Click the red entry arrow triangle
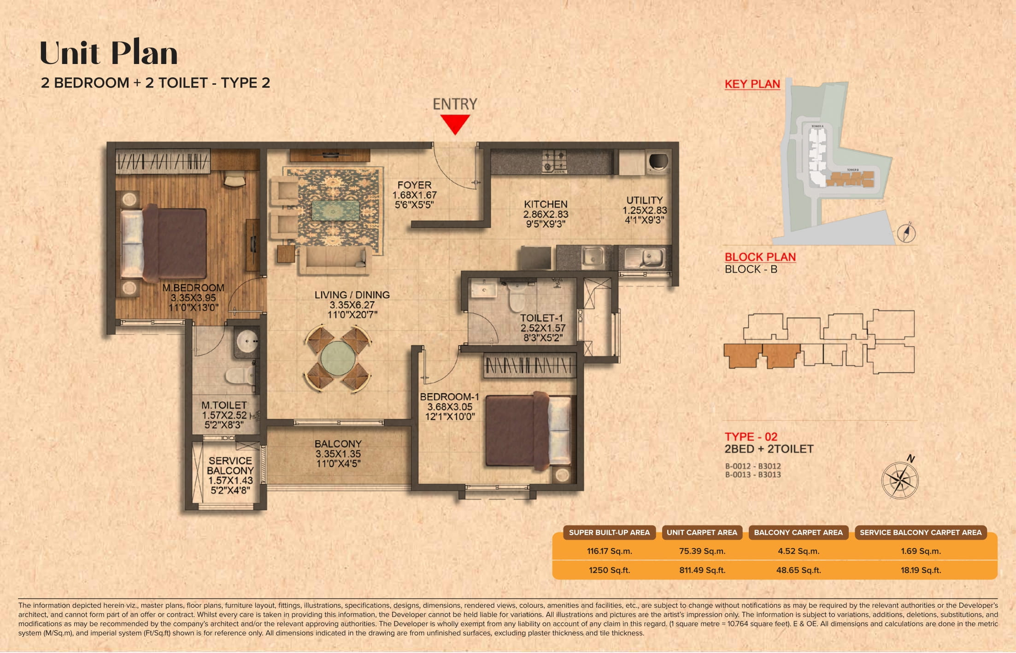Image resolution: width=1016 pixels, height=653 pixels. pyautogui.click(x=455, y=123)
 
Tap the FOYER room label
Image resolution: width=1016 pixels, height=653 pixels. pyautogui.click(x=414, y=185)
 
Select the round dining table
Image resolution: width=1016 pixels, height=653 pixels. pyautogui.click(x=337, y=358)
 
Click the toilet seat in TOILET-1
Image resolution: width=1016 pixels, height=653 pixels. pyautogui.click(x=516, y=299)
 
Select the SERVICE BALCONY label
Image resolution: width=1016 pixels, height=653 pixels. pyautogui.click(x=230, y=466)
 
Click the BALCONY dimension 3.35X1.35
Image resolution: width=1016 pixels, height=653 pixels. pyautogui.click(x=338, y=454)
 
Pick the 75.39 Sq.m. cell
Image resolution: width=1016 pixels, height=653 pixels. pyautogui.click(x=702, y=551)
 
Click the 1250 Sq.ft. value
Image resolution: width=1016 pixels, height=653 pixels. pyautogui.click(x=609, y=570)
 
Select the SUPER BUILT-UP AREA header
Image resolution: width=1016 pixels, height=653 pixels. pyautogui.click(x=609, y=533)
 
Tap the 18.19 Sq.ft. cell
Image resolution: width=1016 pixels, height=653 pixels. pyautogui.click(x=920, y=570)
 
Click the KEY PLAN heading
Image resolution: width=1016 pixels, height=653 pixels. pyautogui.click(x=752, y=84)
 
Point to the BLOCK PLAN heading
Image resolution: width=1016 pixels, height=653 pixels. pyautogui.click(x=760, y=257)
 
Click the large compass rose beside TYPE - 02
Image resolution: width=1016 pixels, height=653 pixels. pyautogui.click(x=899, y=480)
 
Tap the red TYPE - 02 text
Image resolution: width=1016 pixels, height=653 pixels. pyautogui.click(x=751, y=437)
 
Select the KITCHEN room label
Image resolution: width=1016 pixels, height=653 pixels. pyautogui.click(x=546, y=204)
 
